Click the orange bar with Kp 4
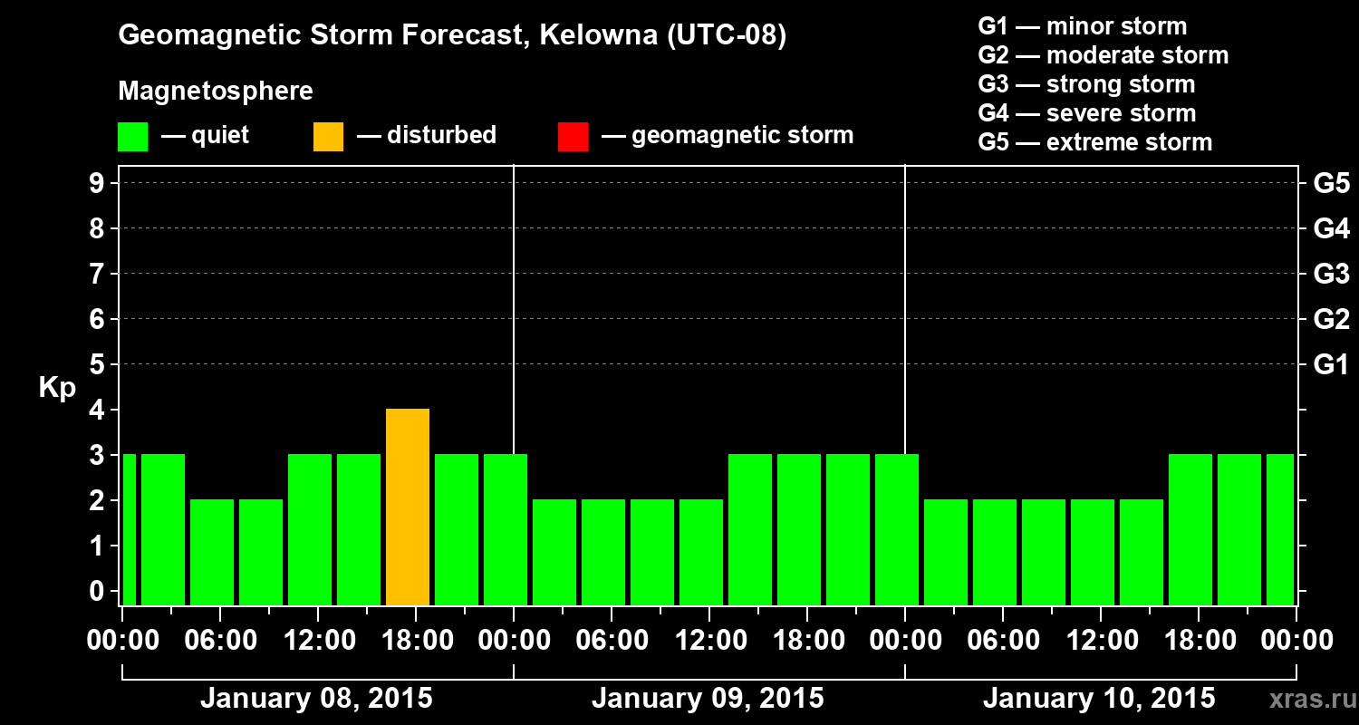point(408,507)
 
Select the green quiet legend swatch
point(132,137)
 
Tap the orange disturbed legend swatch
point(328,137)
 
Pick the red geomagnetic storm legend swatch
point(573,137)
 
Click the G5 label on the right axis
point(1331,184)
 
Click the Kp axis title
point(56,388)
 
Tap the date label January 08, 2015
point(316,699)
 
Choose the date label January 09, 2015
point(708,699)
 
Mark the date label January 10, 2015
point(1099,699)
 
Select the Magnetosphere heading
point(216,92)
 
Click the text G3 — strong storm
point(1086,84)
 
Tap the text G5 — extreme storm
point(1094,142)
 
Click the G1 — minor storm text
point(1082,26)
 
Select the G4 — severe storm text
point(1086,113)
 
